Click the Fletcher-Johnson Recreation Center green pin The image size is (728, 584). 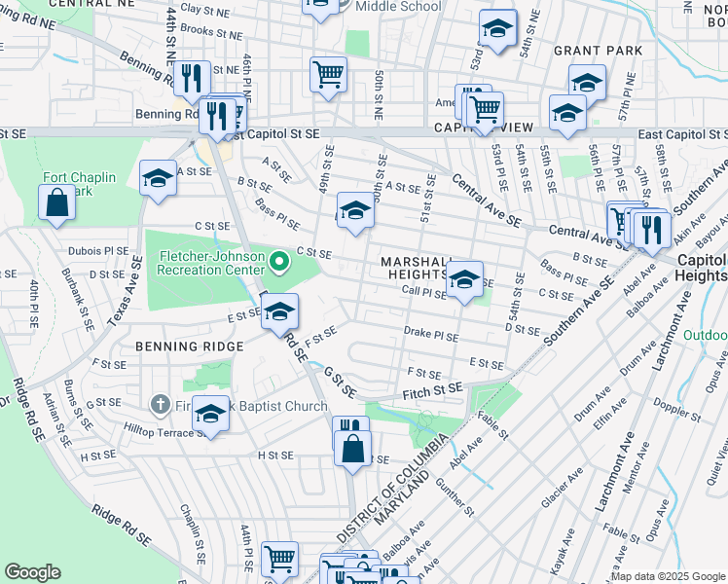point(278,261)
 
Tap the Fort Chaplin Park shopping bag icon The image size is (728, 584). point(56,203)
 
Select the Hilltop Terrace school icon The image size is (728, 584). point(209,415)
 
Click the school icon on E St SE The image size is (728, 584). point(279,311)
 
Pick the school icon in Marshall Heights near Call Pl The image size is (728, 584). point(464,278)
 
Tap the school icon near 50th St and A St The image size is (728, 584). point(355,210)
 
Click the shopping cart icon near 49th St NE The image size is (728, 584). point(329,73)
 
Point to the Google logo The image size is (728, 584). point(33,572)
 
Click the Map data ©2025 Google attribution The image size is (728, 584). point(668,576)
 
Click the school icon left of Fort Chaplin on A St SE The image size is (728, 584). point(158,178)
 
